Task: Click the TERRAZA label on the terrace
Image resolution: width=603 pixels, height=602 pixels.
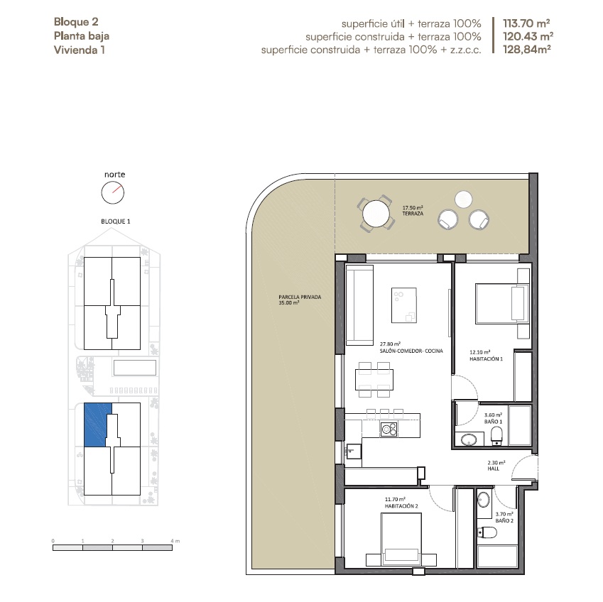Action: pyautogui.click(x=413, y=214)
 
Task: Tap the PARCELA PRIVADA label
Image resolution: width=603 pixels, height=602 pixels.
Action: pyautogui.click(x=300, y=297)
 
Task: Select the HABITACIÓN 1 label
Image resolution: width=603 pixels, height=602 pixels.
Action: pyautogui.click(x=486, y=359)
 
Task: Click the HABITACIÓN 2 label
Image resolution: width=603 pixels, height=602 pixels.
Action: pyautogui.click(x=401, y=506)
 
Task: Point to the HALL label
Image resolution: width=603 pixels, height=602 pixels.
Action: pyautogui.click(x=494, y=469)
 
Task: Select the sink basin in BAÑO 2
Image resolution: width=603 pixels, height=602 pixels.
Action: pyautogui.click(x=484, y=499)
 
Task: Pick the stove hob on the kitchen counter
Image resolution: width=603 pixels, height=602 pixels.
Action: pyautogui.click(x=389, y=429)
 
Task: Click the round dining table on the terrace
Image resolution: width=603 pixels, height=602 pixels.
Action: pyautogui.click(x=376, y=214)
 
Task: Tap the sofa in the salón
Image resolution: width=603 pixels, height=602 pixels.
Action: pyautogui.click(x=359, y=305)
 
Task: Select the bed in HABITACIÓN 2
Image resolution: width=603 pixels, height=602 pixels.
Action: pyautogui.click(x=401, y=539)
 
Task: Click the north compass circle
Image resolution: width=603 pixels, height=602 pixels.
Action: pyautogui.click(x=113, y=192)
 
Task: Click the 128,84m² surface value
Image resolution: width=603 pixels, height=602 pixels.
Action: pyautogui.click(x=527, y=49)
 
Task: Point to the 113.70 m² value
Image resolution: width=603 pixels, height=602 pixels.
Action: pyautogui.click(x=526, y=23)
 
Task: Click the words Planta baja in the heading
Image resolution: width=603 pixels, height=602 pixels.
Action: pyautogui.click(x=82, y=36)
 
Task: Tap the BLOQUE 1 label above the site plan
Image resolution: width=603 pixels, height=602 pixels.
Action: pyautogui.click(x=115, y=221)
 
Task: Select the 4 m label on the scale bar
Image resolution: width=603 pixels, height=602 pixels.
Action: pyautogui.click(x=175, y=541)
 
